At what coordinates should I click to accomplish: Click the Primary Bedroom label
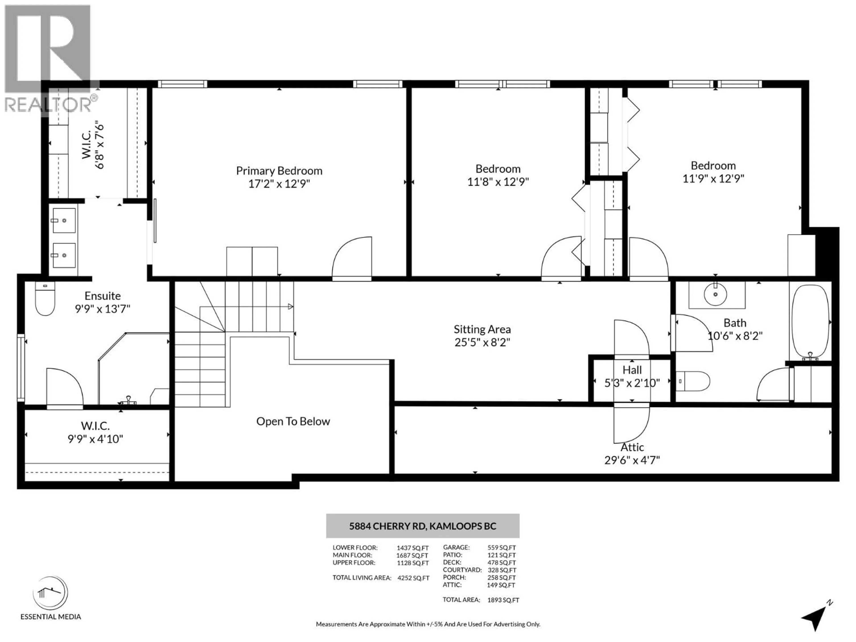[x=279, y=171]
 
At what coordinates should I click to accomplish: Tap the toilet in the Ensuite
[x=45, y=299]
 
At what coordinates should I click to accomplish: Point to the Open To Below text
[x=293, y=421]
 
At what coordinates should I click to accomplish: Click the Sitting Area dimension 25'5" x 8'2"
[x=482, y=342]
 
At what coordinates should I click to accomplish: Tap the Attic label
[x=632, y=447]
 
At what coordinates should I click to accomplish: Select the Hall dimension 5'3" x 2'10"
[x=632, y=383]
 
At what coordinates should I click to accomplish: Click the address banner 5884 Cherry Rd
[x=423, y=526]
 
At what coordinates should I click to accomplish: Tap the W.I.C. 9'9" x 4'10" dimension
[x=95, y=439]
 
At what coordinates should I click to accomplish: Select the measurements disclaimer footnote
[x=428, y=624]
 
